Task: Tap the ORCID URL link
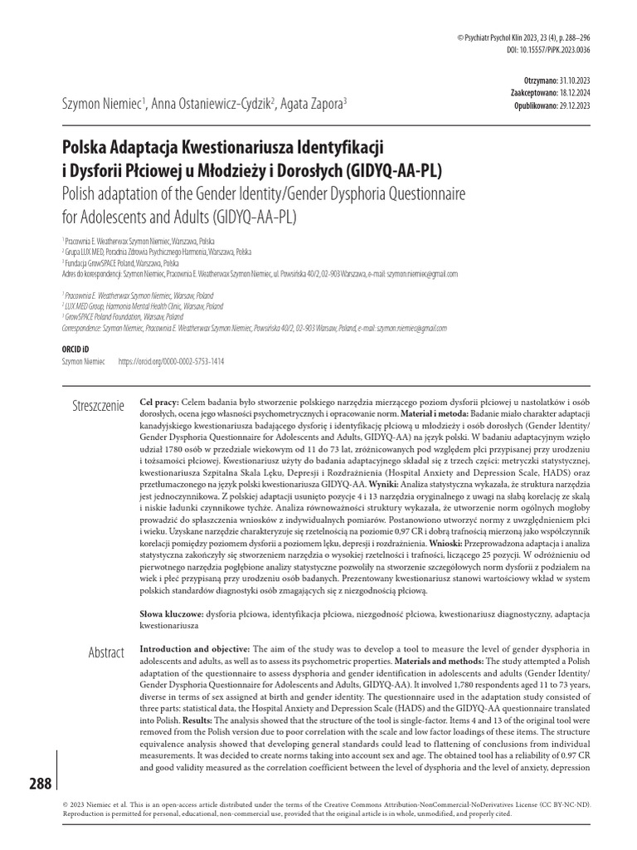(x=172, y=363)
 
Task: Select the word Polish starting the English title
(x=83, y=195)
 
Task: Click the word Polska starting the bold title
(x=89, y=149)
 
